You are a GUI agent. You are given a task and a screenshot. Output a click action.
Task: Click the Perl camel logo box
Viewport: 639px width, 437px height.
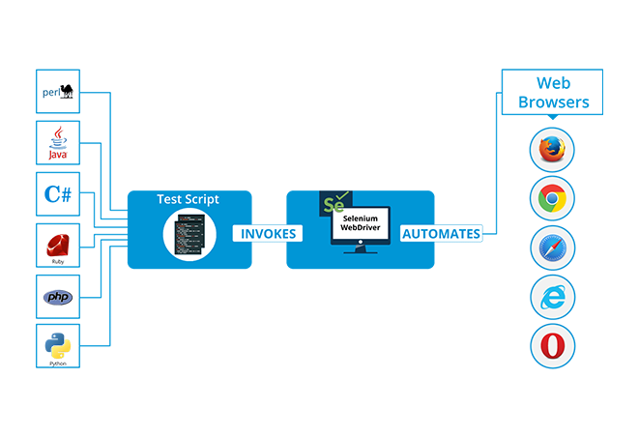pyautogui.click(x=58, y=91)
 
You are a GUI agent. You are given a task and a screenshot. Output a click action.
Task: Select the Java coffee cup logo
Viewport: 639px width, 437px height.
pyautogui.click(x=58, y=143)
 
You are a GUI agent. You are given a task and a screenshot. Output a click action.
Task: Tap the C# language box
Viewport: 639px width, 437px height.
pyautogui.click(x=58, y=194)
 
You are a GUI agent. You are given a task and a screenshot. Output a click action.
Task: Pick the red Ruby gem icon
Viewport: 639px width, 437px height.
pyautogui.click(x=58, y=246)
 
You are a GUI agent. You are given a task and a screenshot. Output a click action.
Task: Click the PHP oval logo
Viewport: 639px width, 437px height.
pyautogui.click(x=58, y=297)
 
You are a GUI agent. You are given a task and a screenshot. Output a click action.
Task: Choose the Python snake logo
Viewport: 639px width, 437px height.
pyautogui.click(x=58, y=346)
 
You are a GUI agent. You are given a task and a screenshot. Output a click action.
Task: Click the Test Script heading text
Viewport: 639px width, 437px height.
pyautogui.click(x=188, y=199)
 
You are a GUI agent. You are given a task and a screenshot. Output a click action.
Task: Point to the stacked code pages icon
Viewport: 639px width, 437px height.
pyautogui.click(x=189, y=234)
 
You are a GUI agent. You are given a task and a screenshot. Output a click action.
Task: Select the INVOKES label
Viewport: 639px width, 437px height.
pyautogui.click(x=268, y=234)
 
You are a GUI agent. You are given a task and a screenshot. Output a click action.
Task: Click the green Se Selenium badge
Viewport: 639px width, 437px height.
pyautogui.click(x=335, y=203)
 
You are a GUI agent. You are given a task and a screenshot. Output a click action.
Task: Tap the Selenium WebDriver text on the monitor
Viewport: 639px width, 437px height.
pyautogui.click(x=361, y=223)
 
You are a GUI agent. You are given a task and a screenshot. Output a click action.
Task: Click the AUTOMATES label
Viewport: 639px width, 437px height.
pyautogui.click(x=442, y=234)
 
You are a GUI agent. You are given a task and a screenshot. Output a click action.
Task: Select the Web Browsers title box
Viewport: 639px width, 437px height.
pyautogui.click(x=552, y=92)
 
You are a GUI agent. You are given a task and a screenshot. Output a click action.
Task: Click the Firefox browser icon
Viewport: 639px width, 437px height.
pyautogui.click(x=552, y=150)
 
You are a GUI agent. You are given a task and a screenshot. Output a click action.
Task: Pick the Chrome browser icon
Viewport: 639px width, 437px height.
pyautogui.click(x=552, y=198)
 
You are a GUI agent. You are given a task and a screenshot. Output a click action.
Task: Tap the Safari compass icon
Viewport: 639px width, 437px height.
pyautogui.click(x=553, y=248)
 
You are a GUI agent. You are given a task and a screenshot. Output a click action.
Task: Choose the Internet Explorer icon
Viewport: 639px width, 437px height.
pyautogui.click(x=553, y=297)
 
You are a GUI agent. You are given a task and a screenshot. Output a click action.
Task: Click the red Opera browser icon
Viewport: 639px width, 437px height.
pyautogui.click(x=553, y=346)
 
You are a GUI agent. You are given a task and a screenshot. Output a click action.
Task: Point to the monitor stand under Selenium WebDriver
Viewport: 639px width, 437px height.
pyautogui.click(x=361, y=249)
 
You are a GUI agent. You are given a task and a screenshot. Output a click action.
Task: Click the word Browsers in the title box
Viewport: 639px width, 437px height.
pyautogui.click(x=553, y=102)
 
